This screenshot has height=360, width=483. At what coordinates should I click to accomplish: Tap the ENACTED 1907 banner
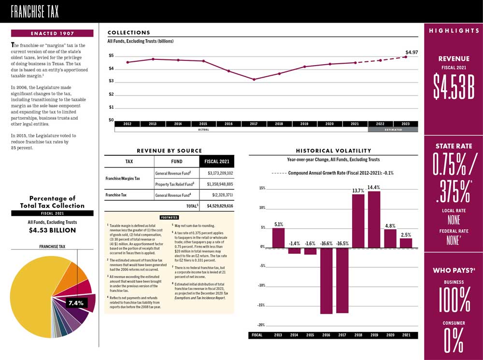point(52,33)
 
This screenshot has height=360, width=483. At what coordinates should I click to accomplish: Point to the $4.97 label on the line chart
point(412,52)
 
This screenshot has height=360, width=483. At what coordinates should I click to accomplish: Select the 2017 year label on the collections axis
point(254,124)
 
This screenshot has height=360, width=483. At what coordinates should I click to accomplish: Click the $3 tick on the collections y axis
point(111,81)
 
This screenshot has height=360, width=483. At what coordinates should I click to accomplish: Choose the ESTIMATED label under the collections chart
point(393,130)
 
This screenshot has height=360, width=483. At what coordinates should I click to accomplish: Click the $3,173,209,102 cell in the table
point(220,173)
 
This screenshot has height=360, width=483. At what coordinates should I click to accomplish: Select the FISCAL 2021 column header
point(216,161)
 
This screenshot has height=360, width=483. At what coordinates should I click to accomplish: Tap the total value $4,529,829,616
point(220,206)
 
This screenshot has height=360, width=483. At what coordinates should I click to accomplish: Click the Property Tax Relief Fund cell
point(174,184)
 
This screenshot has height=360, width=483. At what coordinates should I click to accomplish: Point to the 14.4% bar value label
point(373,187)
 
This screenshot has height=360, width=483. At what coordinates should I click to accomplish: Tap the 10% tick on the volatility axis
point(262,208)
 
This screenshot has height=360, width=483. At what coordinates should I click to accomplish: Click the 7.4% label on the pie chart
point(76,303)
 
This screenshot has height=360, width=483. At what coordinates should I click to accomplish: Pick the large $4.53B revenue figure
point(453,87)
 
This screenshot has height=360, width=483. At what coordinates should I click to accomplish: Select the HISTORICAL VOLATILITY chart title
point(333,151)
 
